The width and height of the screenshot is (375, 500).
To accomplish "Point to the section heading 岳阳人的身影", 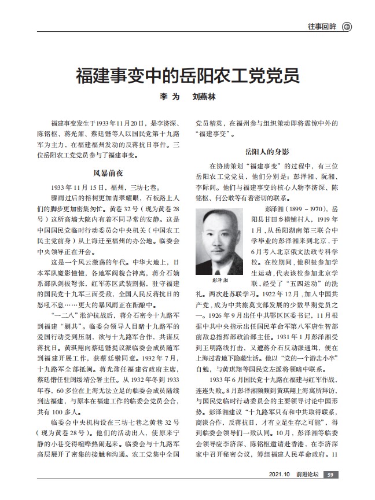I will [267, 152].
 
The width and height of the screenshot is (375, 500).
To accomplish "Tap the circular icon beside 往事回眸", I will [347, 26].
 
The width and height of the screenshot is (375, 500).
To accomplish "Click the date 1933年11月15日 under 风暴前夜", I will [76, 187].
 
